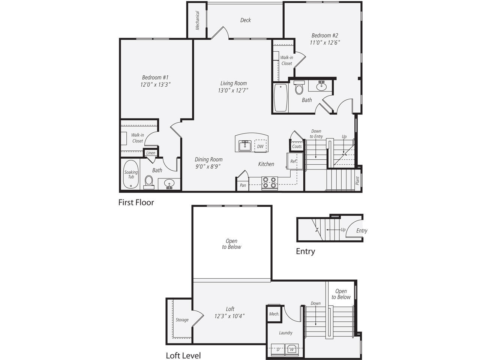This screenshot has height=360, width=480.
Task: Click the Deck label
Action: pos(245,20)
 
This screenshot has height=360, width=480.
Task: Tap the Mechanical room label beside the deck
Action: pos(197,20)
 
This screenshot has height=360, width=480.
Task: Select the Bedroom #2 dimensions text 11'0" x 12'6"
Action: pos(325,42)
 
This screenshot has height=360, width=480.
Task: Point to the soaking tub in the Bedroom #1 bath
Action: pos(131,174)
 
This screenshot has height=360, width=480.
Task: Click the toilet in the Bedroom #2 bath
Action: pos(299,87)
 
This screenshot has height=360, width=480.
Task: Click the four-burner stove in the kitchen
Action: pos(269,183)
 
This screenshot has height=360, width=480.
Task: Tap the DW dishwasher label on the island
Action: pos(260,147)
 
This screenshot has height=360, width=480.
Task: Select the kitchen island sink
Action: pos(245,146)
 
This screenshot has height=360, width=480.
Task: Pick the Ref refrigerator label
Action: pos(293,161)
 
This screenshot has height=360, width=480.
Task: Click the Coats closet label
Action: pos(297,147)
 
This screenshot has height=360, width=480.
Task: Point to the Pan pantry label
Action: pos(243,185)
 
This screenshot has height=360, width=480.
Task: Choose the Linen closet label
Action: pos(151,153)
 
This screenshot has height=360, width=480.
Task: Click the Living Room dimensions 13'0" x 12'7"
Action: pos(233,90)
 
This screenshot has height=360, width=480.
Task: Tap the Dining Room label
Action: pos(208,159)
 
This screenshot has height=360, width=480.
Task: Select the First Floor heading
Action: pos(136,202)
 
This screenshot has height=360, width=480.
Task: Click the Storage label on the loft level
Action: pos(182,320)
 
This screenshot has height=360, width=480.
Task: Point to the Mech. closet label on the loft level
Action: pos(274,314)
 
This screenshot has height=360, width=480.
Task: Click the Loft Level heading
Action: pos(183,355)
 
